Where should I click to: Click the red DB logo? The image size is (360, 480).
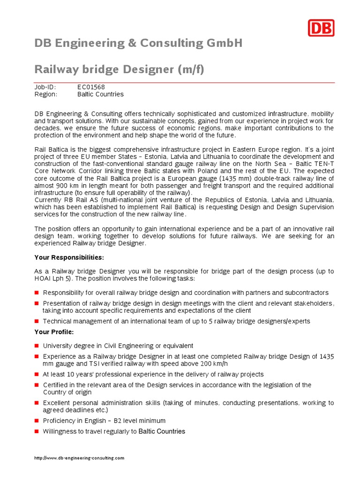coord(321,28)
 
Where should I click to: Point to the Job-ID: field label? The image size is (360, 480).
coord(45,87)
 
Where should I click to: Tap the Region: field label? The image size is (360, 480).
coord(46,94)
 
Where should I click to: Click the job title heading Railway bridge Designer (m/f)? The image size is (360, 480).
coord(120,70)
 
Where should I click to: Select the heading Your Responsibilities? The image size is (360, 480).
coord(69,258)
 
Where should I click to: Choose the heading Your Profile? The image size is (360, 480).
coord(54,332)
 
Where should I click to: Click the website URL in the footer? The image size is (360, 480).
coord(79,458)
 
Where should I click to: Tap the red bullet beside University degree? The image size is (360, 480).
coord(37,346)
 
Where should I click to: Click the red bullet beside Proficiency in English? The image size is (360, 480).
coord(37,421)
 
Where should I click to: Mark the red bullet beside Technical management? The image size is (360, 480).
coord(37,321)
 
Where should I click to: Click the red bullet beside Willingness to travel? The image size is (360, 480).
coord(37,431)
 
